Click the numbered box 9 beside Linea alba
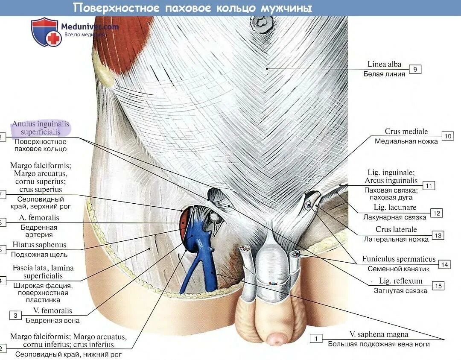pos(415,69)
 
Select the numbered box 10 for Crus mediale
pos(448,136)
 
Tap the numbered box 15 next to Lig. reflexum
pos(438,286)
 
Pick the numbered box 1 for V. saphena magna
pos(316,339)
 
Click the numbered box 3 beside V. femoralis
pos(15,316)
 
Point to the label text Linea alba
pos(384,64)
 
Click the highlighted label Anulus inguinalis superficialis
pos(41,128)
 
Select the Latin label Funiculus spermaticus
pos(399,259)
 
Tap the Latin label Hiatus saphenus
pos(39,245)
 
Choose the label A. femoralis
pos(39,218)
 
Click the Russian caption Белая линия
pos(384,74)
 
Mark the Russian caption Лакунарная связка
pos(395,217)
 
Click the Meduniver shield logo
pos(44,32)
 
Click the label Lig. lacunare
pos(395,208)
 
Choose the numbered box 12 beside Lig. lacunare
pos(436,213)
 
